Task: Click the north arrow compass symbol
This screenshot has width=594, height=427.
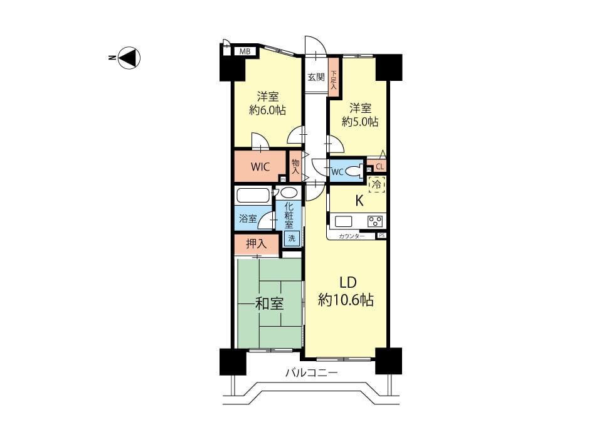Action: tap(129, 58)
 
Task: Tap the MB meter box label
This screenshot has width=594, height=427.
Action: tap(245, 51)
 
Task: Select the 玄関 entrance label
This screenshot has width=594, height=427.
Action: tap(316, 77)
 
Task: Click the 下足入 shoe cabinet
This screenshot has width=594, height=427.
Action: tap(333, 78)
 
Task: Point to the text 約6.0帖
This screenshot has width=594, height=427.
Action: tap(267, 110)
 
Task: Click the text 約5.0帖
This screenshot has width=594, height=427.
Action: tap(360, 122)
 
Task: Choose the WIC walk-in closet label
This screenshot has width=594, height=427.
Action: tap(260, 167)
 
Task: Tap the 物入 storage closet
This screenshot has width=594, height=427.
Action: tap(295, 166)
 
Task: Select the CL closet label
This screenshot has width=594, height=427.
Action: tap(379, 167)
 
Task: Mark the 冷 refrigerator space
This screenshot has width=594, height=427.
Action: tap(376, 185)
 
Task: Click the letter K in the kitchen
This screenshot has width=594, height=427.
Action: tap(359, 201)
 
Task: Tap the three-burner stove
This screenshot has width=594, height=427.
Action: tap(375, 221)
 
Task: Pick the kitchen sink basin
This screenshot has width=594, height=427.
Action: tap(343, 221)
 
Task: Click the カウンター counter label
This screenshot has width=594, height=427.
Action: tap(351, 236)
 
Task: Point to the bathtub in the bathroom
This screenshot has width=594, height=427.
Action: tap(253, 196)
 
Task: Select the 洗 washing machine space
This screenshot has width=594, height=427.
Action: tap(292, 238)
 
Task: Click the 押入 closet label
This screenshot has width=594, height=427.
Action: tap(257, 244)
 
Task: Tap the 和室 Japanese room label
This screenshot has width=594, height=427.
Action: tap(269, 303)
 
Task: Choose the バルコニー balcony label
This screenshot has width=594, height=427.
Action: tap(311, 373)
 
